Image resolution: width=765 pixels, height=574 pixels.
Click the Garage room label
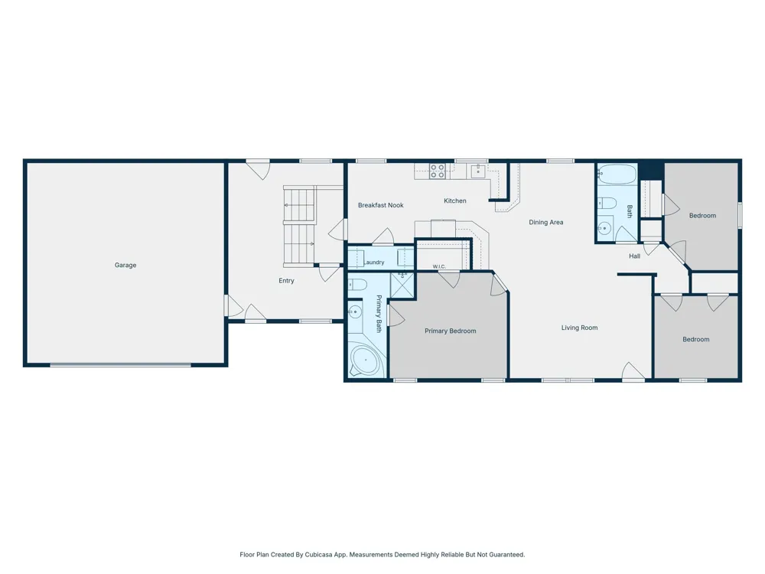click(x=125, y=265)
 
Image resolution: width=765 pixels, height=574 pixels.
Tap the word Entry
click(x=286, y=281)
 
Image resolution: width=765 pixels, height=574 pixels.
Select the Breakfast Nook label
click(x=380, y=205)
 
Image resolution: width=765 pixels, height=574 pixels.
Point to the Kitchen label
click(x=454, y=201)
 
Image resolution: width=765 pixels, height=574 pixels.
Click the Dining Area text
click(x=546, y=222)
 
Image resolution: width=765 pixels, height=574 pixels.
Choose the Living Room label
click(x=579, y=328)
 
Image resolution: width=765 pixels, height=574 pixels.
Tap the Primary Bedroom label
click(x=450, y=331)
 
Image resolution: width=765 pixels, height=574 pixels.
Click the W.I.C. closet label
click(x=439, y=266)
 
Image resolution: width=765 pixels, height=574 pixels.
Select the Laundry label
click(x=374, y=262)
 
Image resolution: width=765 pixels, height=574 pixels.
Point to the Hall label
click(x=634, y=256)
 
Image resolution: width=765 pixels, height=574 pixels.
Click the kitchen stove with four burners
click(x=437, y=171)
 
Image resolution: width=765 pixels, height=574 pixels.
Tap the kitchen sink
click(x=478, y=171)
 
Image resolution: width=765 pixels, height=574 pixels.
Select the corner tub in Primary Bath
click(x=365, y=361)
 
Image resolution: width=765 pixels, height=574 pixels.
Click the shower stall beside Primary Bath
click(x=402, y=285)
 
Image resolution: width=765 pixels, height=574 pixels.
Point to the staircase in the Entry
click(x=300, y=226)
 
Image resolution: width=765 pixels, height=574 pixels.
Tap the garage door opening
click(x=121, y=364)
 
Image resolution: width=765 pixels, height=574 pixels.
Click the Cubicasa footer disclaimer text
click(x=382, y=554)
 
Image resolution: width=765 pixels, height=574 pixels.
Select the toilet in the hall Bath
click(x=607, y=203)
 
